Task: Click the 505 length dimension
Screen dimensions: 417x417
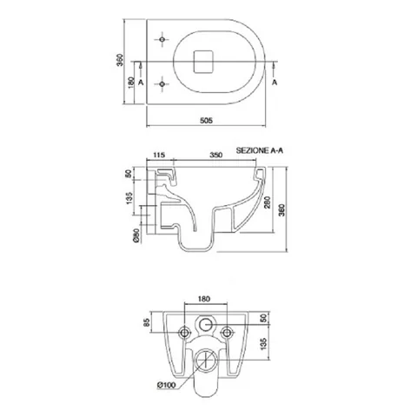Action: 206,120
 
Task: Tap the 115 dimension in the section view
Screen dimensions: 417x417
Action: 159,155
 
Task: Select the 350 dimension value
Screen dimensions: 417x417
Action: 216,155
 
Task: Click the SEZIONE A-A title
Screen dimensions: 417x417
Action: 260,150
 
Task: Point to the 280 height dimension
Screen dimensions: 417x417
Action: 268,202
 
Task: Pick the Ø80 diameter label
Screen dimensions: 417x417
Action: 136,235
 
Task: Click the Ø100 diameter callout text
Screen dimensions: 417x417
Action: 167,385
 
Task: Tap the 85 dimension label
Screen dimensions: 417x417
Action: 146,322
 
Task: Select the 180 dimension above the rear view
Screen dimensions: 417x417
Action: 204,299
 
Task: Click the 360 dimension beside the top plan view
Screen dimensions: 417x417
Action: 120,60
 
